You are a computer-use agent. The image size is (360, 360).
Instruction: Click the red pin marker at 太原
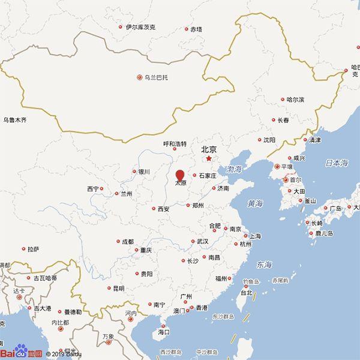[x=180, y=175]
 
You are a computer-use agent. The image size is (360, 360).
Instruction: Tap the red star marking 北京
[x=209, y=159]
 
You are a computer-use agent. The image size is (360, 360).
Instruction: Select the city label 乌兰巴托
[x=157, y=77]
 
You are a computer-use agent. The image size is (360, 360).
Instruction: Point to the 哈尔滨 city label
[x=295, y=100]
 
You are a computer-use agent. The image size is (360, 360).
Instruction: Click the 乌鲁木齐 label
[x=14, y=120]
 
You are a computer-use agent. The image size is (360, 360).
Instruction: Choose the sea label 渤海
[x=234, y=169]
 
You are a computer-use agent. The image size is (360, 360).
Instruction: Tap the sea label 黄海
[x=255, y=203]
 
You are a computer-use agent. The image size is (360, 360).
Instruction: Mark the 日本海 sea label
[x=336, y=163]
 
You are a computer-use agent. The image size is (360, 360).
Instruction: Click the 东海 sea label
[x=264, y=265]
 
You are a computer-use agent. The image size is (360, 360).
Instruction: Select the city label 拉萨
[x=33, y=248]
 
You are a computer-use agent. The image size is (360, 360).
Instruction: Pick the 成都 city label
[x=127, y=242]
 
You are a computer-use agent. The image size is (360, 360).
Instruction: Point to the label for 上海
[x=255, y=236]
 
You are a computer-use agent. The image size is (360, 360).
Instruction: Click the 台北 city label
[x=247, y=293]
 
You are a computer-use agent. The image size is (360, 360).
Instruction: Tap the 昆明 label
[x=118, y=288]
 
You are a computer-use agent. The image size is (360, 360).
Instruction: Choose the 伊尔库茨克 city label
[x=140, y=27]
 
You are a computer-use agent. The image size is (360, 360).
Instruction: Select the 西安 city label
[x=163, y=209]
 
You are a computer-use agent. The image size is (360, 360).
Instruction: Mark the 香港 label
[x=202, y=308]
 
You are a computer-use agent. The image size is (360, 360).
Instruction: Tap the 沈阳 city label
[x=269, y=140]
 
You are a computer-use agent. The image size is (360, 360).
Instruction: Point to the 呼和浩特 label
[x=175, y=144]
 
